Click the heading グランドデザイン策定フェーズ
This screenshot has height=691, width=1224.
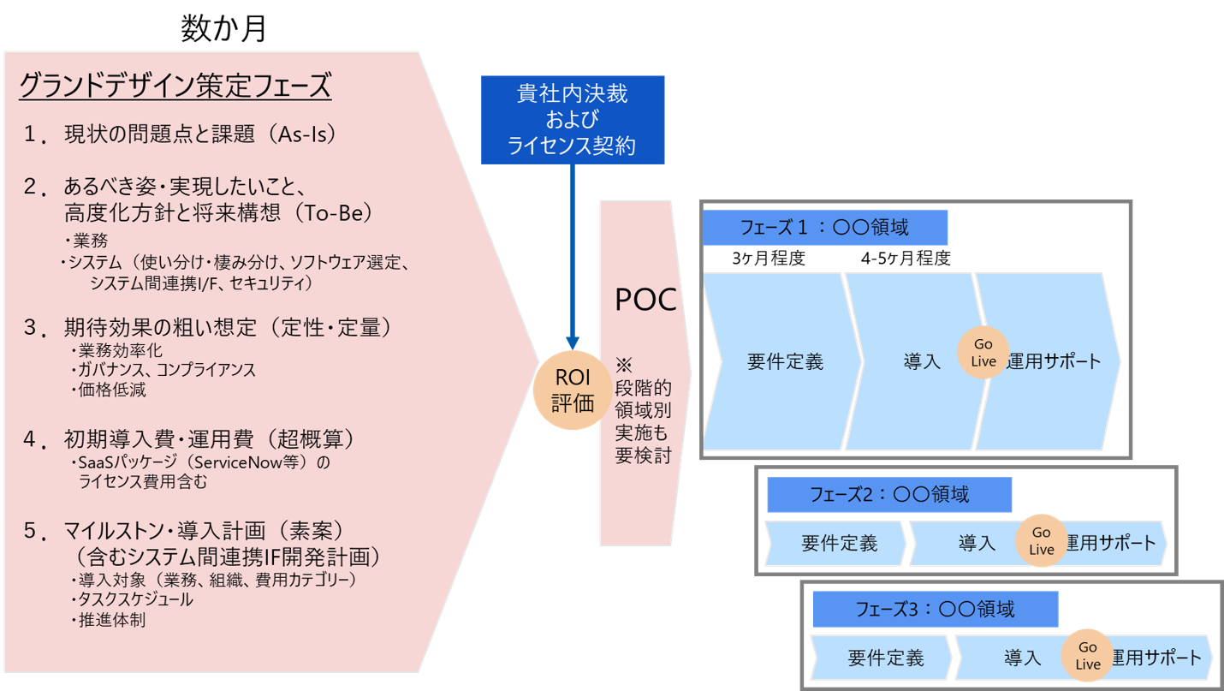coord(174,86)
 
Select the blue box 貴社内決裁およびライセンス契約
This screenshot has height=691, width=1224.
coord(572,120)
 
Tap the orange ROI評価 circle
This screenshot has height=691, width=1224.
coord(573,391)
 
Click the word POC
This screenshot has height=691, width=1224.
coord(645,300)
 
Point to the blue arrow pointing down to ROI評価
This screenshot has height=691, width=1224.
coord(572,257)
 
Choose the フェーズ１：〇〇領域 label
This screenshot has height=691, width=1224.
coord(825,228)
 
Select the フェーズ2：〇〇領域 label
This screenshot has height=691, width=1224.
coord(888,495)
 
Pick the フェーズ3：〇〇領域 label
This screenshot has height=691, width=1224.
coord(935,610)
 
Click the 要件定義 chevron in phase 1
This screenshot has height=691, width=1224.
coord(784,361)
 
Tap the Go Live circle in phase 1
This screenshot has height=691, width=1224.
coord(983,353)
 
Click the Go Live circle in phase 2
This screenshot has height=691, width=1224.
coord(1041,541)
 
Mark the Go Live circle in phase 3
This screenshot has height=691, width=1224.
coord(1087,656)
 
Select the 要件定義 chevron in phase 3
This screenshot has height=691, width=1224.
coord(885,658)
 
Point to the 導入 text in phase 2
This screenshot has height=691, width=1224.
coord(977,543)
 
